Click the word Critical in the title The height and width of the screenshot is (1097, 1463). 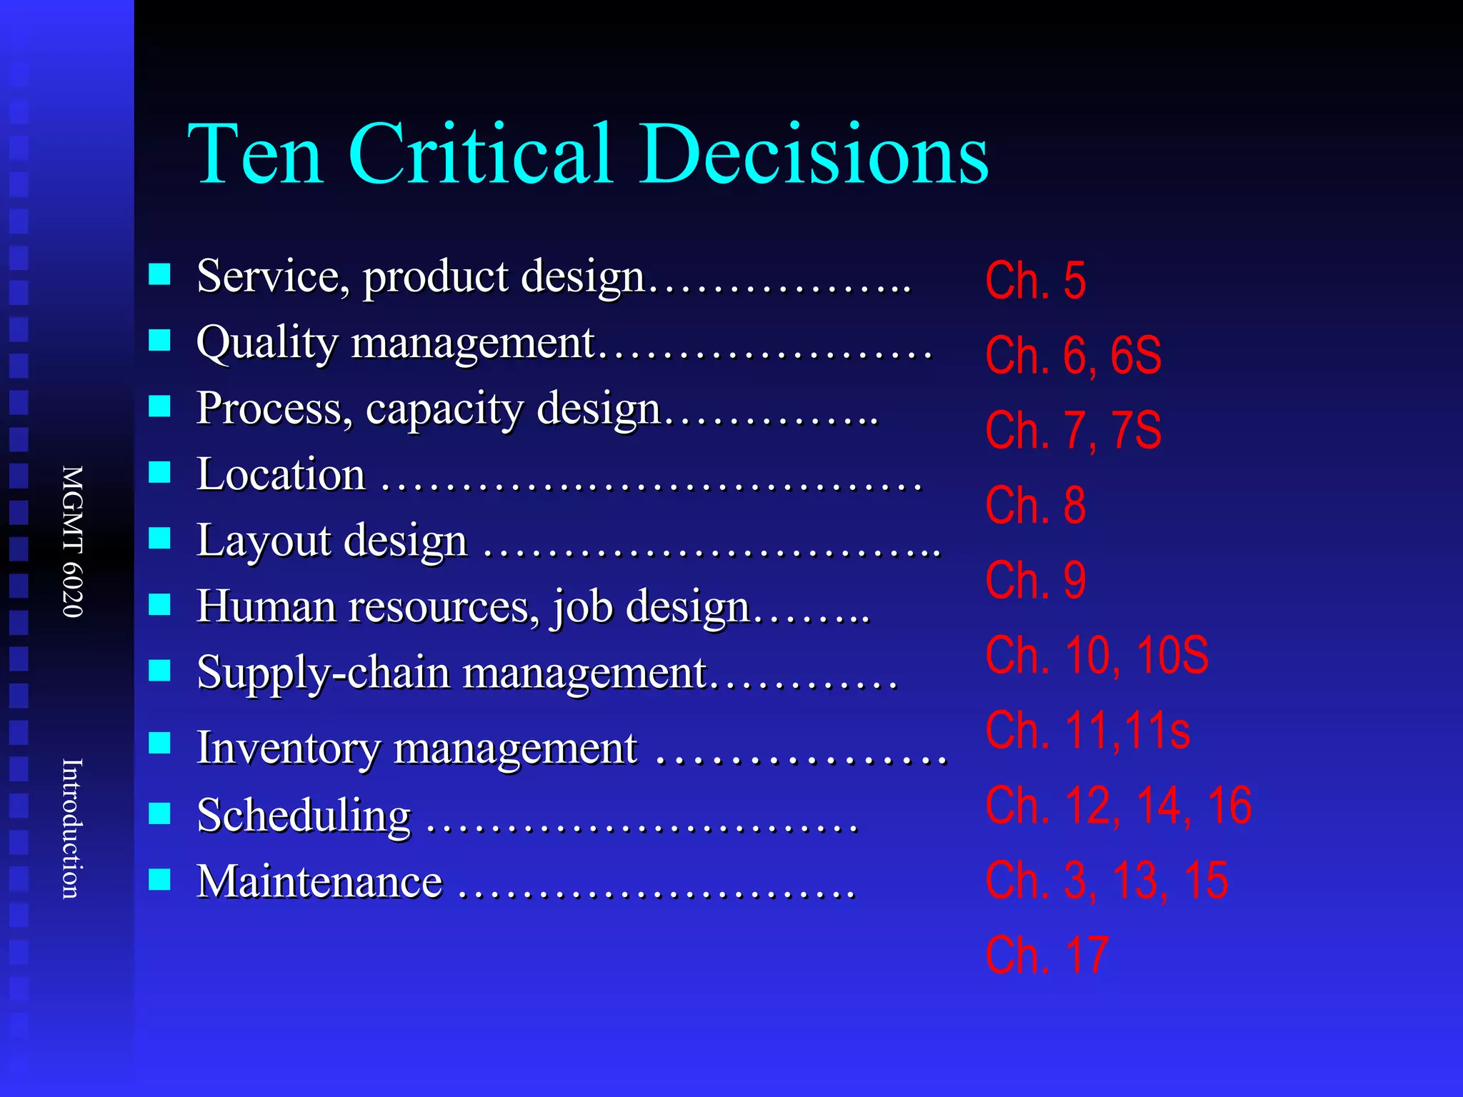(x=480, y=154)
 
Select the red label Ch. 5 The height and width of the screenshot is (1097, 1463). (x=1035, y=280)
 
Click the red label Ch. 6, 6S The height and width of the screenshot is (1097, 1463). (x=1073, y=355)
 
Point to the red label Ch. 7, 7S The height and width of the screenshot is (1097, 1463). (x=1073, y=430)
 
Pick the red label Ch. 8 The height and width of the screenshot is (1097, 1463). (x=1035, y=505)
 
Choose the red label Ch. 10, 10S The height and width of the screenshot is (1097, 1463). (x=1097, y=654)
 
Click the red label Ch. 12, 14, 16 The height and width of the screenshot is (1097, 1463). (x=1118, y=805)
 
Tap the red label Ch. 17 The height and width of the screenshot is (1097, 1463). (x=1047, y=955)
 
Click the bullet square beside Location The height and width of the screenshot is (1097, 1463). (x=159, y=472)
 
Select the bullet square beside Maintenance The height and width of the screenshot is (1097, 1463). (x=159, y=879)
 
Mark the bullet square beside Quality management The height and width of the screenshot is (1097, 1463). (x=159, y=341)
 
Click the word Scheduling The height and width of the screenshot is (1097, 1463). (x=304, y=816)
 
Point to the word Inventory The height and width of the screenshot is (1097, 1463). (x=288, y=748)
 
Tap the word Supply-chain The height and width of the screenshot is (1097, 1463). (x=323, y=673)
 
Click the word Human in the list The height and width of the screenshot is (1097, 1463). (x=266, y=606)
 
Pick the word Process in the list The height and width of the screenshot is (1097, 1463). (x=274, y=409)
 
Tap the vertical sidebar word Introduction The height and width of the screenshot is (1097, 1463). (x=73, y=828)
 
